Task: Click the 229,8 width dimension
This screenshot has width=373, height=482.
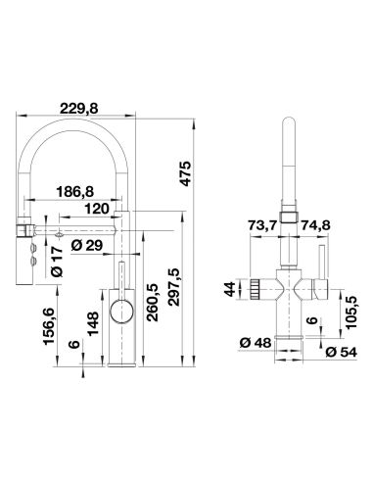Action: [78, 109]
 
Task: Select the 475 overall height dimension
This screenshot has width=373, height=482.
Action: [185, 173]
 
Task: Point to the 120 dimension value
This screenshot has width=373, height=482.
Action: [97, 209]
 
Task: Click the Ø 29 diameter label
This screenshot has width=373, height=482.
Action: [86, 246]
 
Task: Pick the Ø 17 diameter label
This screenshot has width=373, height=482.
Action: [58, 262]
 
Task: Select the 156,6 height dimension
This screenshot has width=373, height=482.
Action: [49, 326]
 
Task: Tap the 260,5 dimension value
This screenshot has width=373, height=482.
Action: [152, 303]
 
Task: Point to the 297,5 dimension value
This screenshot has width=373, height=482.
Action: [174, 287]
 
